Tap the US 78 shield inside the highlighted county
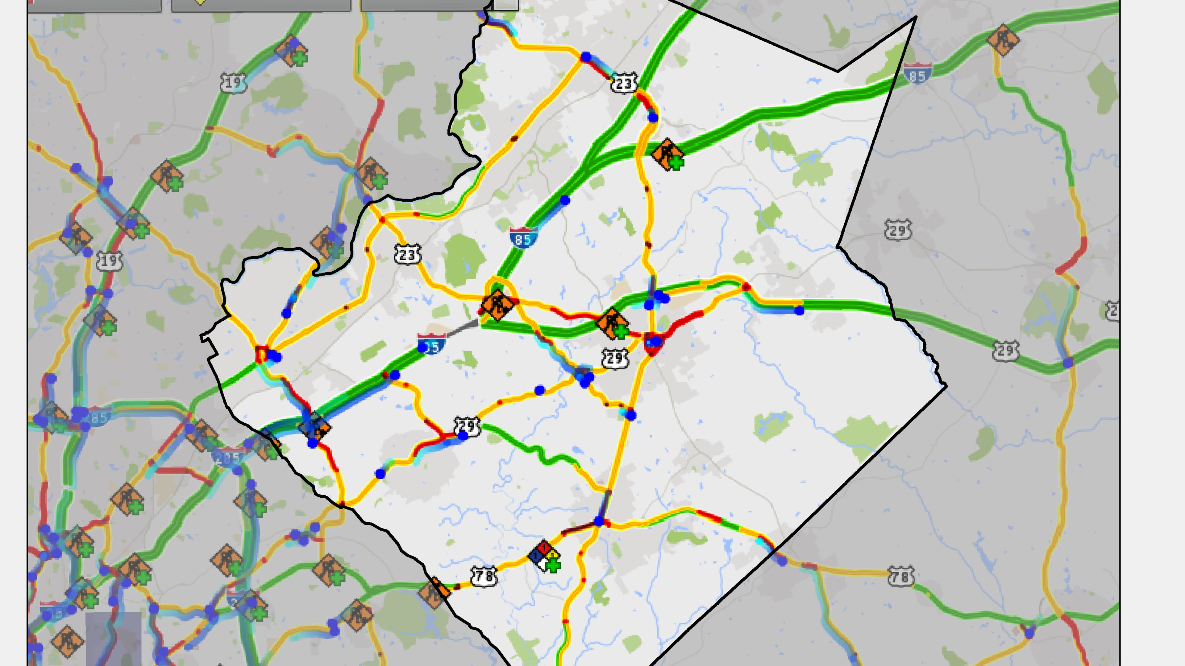484,576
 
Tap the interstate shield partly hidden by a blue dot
431,345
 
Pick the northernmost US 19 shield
233,83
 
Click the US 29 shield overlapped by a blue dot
467,427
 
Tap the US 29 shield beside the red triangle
615,358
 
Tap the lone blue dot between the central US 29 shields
540,390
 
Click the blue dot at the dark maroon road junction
598,521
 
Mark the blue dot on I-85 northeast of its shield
565,200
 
